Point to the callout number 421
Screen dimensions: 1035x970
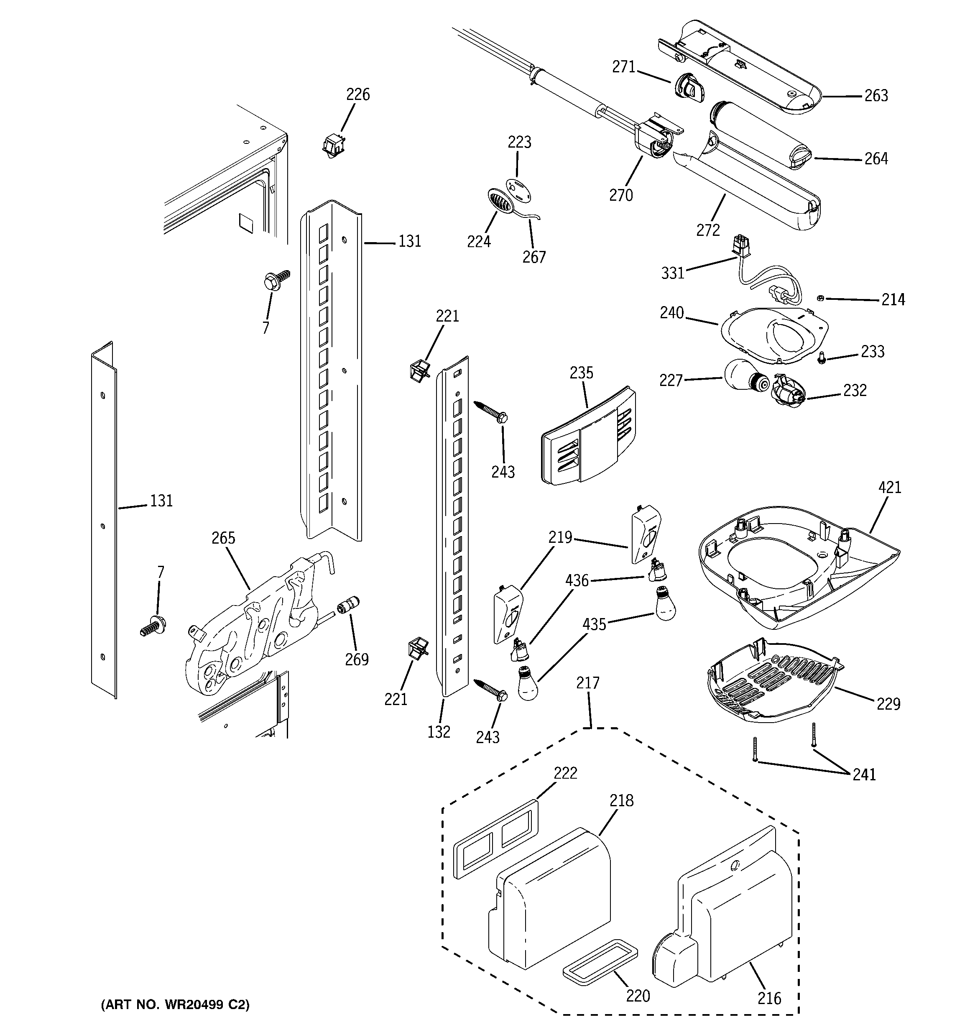click(889, 487)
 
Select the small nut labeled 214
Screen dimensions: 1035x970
click(819, 298)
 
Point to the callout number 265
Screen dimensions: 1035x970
click(223, 538)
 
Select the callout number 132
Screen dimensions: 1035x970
click(439, 731)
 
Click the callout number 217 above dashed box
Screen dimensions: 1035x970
click(588, 682)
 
